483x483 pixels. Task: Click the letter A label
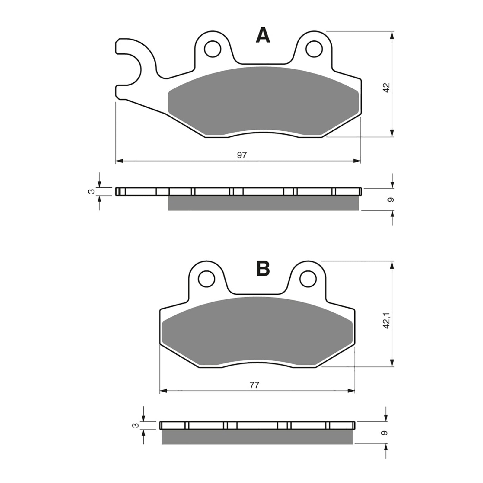tap(263, 35)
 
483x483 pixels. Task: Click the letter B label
tap(263, 268)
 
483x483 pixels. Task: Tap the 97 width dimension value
tap(242, 155)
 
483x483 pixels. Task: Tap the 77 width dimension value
tap(254, 385)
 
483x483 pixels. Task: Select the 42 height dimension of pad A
tap(387, 88)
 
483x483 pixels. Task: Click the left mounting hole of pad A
tap(213, 48)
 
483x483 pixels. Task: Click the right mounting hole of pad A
tap(314, 48)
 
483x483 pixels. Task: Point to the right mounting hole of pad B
tap(308, 278)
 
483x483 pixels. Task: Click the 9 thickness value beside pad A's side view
tap(391, 200)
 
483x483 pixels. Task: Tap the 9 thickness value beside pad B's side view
tap(385, 433)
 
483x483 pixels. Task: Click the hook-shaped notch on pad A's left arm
tap(127, 69)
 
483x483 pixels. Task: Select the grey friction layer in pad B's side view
tap(257, 437)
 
